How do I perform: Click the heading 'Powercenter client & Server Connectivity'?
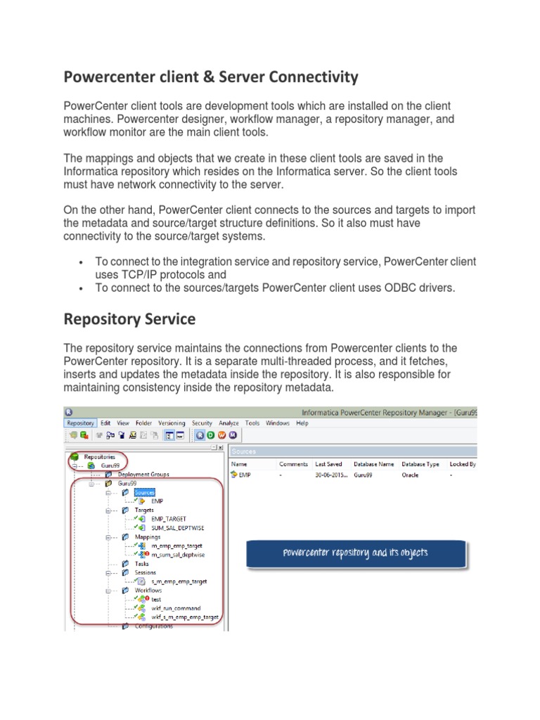211,76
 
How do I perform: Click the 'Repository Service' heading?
129,319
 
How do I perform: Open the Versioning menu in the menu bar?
172,423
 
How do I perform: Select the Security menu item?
202,423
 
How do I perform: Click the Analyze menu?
229,423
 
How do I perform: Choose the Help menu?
302,423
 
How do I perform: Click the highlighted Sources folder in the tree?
145,492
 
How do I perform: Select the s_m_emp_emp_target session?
179,581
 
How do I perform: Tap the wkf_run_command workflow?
176,607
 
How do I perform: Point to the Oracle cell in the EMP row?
411,475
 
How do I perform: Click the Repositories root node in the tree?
98,456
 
